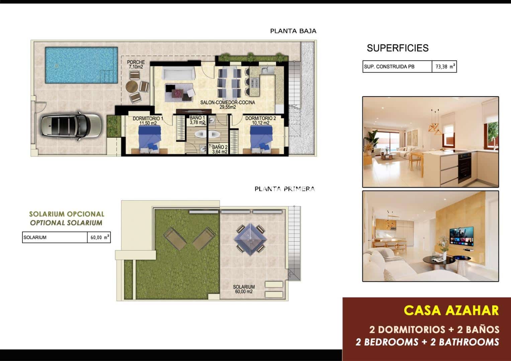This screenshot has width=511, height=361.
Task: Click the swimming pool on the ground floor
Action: coord(81,66)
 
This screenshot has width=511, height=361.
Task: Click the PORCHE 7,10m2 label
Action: coord(136,65)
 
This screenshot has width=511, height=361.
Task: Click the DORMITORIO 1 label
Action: coord(148,121)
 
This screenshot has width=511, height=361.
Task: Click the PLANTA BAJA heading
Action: coord(293,31)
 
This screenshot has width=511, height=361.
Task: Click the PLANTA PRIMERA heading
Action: coord(284,189)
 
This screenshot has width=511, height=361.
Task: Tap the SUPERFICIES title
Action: coord(398,48)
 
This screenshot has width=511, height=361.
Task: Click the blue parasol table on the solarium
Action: coord(251,238)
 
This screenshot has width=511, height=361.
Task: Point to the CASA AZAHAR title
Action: coord(451,311)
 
